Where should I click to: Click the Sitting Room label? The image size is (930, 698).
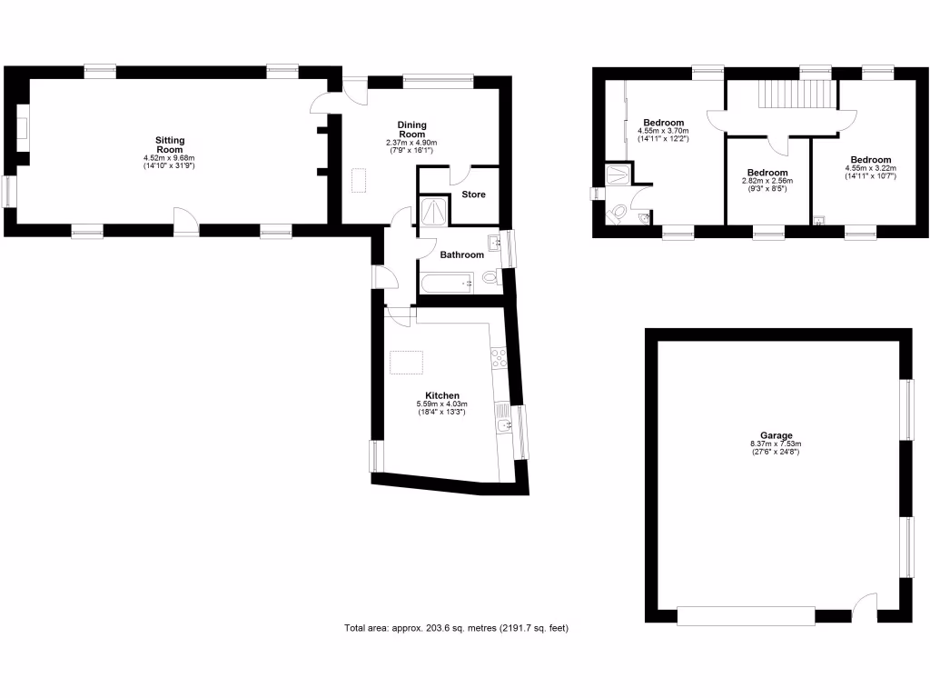pos(170,145)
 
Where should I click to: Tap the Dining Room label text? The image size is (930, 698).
pos(412,129)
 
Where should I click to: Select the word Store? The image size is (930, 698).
pos(474,194)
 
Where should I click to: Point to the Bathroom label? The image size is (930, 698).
pos(462,255)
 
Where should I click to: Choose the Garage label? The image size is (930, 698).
pos(777,435)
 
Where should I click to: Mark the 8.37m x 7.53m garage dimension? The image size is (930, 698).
pos(777,444)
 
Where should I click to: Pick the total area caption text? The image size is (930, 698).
pos(456,628)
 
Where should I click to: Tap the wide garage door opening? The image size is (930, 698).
pos(746,616)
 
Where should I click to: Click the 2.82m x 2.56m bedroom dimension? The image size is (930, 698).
pos(767,181)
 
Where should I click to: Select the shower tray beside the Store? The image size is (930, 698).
pos(433,212)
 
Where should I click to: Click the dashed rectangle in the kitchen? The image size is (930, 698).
pos(407,363)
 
